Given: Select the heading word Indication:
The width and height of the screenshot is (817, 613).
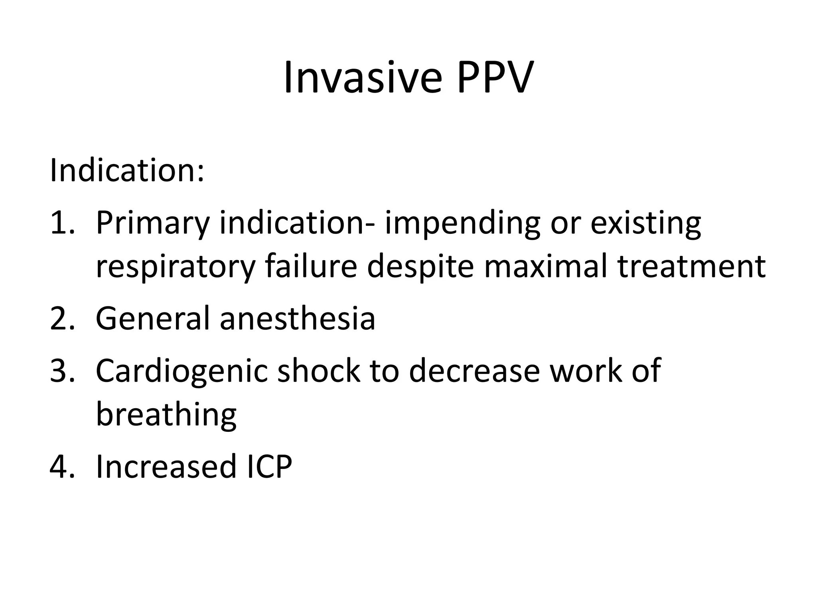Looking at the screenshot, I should pyautogui.click(x=127, y=170).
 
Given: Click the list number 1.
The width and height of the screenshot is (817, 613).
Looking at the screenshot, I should pyautogui.click(x=62, y=223).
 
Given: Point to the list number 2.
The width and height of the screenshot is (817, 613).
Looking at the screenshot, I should pyautogui.click(x=62, y=318).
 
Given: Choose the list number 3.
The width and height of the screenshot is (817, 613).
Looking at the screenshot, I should pyautogui.click(x=62, y=371).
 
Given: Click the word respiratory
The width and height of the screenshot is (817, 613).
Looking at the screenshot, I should pyautogui.click(x=175, y=267).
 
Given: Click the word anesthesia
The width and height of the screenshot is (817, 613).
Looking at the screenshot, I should pyautogui.click(x=298, y=318).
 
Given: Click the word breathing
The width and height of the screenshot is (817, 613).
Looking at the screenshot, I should pyautogui.click(x=166, y=415).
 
